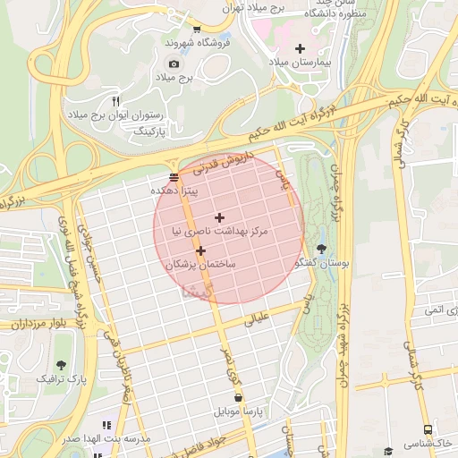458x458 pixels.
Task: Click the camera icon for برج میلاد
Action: click(174, 64)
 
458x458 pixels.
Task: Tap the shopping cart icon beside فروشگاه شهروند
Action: click(197, 30)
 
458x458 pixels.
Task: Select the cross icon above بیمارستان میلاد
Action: click(300, 48)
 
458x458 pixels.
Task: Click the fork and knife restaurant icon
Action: click(115, 100)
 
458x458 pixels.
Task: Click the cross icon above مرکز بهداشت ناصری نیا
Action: click(219, 217)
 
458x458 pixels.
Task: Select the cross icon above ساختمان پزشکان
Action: click(200, 251)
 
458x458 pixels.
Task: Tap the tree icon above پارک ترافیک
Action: click(62, 365)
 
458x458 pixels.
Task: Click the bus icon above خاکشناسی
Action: click(428, 429)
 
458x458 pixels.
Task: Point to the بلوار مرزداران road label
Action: click(31, 324)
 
